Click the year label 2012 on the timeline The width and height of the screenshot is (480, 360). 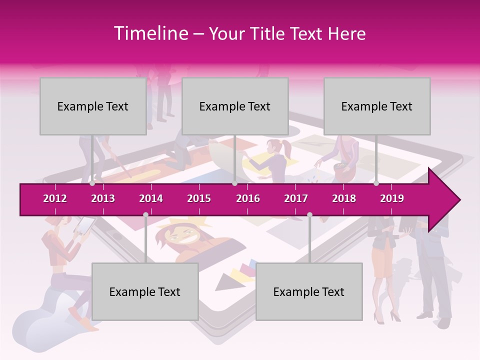(55, 198)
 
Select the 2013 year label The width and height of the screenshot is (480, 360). (103, 198)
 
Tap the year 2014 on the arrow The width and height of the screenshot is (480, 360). (151, 198)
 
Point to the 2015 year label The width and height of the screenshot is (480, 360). (199, 198)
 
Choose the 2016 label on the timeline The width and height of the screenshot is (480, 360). (248, 198)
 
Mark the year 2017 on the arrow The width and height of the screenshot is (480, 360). (296, 198)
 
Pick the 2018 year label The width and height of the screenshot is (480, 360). (344, 198)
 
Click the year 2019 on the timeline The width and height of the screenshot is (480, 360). (392, 198)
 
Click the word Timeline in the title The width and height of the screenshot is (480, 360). (150, 33)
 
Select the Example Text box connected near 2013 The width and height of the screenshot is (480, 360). (93, 106)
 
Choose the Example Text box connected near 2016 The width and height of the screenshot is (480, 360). (235, 106)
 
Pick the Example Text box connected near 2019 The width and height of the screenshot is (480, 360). (377, 106)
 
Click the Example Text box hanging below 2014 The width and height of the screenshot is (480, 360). (145, 291)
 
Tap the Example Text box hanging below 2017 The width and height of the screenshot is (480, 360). (309, 291)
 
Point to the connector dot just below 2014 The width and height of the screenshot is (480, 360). (145, 214)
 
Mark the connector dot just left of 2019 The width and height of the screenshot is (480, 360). (376, 183)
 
